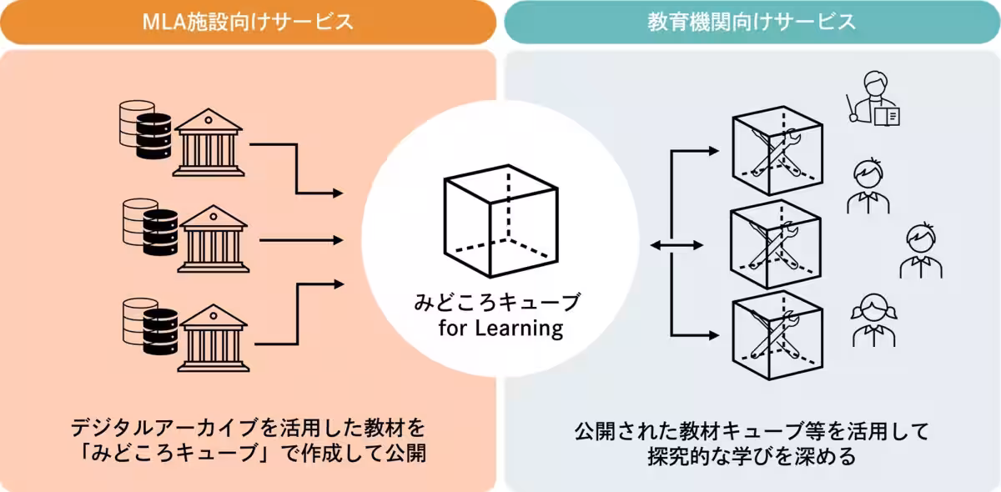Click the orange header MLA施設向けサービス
pos(248,22)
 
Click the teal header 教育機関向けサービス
pos(752,22)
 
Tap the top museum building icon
pos(209,143)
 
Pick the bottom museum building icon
pos(214,337)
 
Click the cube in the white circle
pos(500,225)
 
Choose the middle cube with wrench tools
pos(777,243)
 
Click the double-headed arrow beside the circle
pos(676,244)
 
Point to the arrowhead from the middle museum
pos(338,240)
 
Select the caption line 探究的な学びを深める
pos(752,458)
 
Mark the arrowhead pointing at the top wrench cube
pos(712,151)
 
